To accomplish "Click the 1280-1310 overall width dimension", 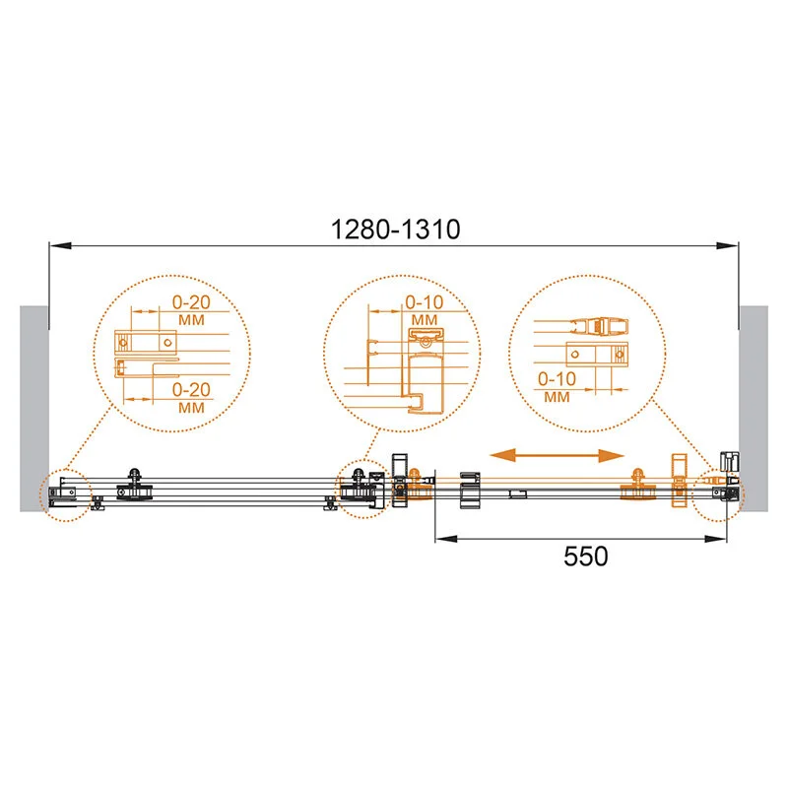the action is tap(396, 230).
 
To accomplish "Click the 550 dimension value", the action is tap(585, 557).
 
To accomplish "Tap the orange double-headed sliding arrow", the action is tap(557, 456).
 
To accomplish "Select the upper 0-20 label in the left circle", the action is tap(191, 302).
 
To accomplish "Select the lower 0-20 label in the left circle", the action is tap(191, 389).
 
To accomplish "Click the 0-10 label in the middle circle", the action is tap(425, 302).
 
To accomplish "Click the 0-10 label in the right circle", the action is tap(557, 379).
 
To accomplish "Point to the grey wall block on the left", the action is tap(34, 409).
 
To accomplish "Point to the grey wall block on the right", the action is tap(754, 409).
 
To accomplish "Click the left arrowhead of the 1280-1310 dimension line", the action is tap(60, 245).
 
